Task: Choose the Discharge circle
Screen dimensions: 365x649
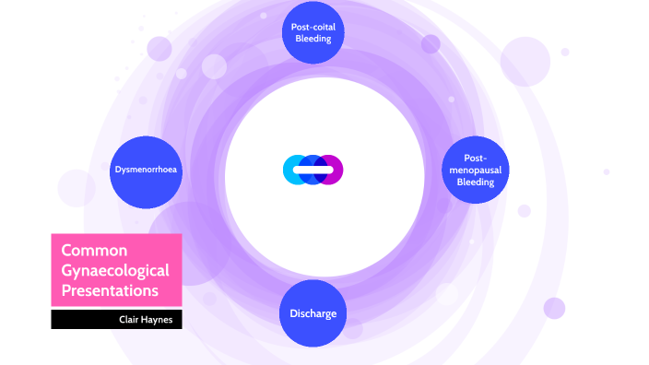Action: pos(313,313)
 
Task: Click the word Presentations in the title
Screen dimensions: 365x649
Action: pos(109,290)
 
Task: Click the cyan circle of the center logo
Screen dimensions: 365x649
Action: pos(294,170)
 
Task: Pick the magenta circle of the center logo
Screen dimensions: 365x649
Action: pos(332,170)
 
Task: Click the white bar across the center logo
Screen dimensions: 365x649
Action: pos(313,170)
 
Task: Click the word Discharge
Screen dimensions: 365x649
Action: pos(313,313)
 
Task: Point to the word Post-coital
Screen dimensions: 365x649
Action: pos(313,28)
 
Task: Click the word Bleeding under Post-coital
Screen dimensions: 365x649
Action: pos(313,40)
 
